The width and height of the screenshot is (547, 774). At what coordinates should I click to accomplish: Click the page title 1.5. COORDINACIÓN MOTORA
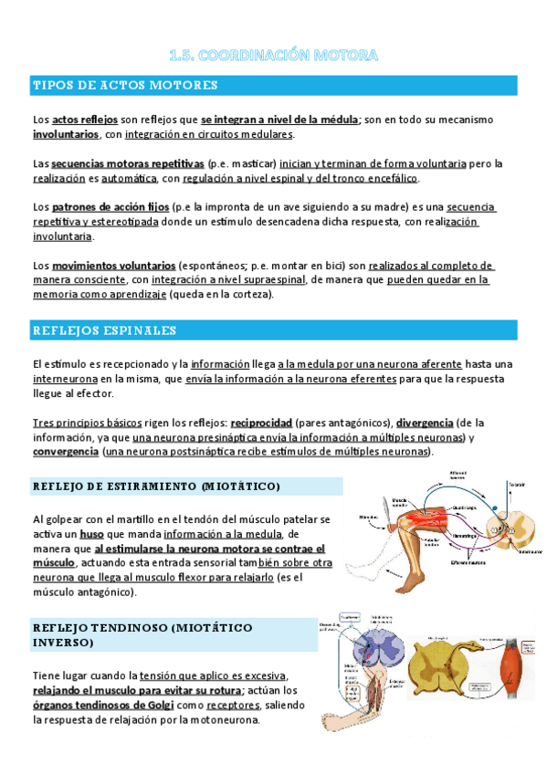click(273, 56)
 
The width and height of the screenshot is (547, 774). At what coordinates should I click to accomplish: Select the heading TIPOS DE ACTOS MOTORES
click(125, 86)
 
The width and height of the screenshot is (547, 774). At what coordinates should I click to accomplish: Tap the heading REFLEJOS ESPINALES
click(104, 329)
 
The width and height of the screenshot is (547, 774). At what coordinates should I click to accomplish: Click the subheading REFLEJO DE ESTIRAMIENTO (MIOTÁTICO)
click(156, 486)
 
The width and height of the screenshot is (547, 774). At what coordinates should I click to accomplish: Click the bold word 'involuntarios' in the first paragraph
click(66, 134)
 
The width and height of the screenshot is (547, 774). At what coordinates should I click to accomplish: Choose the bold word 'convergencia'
click(66, 452)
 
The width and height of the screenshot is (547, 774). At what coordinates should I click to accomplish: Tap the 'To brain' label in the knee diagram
click(517, 486)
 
